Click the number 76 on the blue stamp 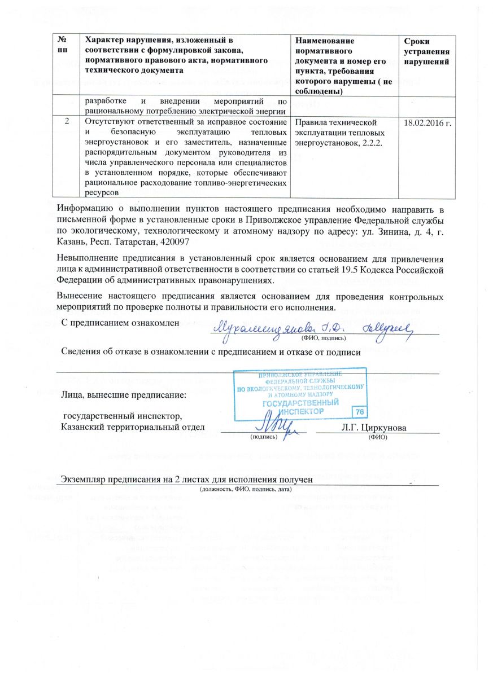tap(359, 411)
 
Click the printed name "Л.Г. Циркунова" tap(374, 428)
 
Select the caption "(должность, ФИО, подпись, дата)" tap(246, 489)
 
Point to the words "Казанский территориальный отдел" tap(133, 428)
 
